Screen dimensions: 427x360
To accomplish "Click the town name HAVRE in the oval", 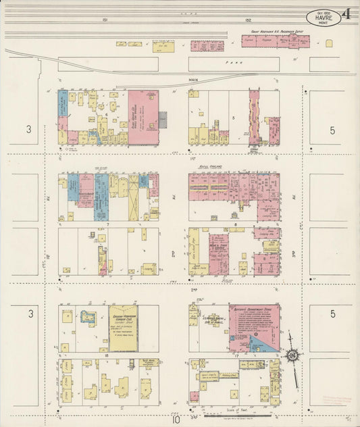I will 324,19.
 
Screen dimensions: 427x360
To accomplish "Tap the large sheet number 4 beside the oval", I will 346,15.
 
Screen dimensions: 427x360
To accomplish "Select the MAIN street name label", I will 192,80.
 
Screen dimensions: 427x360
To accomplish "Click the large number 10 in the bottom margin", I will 176,419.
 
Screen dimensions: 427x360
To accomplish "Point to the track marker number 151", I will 105,20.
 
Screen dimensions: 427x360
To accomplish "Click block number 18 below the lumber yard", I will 107,354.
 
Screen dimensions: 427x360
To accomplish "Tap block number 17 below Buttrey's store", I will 237,354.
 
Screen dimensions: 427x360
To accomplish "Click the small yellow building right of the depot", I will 329,43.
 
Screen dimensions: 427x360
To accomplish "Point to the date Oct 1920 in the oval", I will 324,12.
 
